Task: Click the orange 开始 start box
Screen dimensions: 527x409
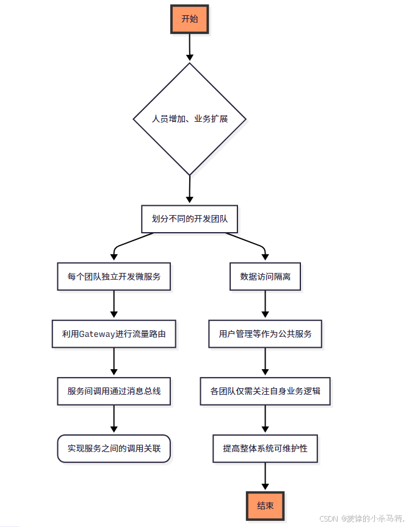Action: click(190, 19)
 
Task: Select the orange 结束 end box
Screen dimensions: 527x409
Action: click(265, 506)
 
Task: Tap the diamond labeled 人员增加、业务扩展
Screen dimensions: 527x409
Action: click(190, 119)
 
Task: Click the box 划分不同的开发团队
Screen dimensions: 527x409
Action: click(189, 219)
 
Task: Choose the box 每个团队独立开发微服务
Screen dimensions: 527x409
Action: click(114, 277)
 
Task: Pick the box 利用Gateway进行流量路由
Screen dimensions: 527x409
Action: click(114, 334)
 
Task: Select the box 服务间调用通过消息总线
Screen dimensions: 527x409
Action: click(114, 391)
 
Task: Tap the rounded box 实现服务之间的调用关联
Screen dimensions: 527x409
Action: click(114, 448)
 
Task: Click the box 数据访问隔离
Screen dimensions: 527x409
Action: click(265, 277)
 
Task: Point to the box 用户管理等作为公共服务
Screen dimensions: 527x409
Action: click(265, 334)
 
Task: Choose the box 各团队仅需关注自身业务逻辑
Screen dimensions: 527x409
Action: click(265, 391)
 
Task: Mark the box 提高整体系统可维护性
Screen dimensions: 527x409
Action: click(265, 448)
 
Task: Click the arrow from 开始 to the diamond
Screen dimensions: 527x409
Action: click(190, 47)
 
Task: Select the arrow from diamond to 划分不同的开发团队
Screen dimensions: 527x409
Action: click(190, 189)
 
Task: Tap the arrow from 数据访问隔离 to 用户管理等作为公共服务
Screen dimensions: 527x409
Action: click(265, 305)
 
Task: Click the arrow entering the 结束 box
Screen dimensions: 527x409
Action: click(265, 477)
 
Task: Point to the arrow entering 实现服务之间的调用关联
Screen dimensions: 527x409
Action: click(114, 420)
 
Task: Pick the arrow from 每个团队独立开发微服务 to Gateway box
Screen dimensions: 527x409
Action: click(114, 305)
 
